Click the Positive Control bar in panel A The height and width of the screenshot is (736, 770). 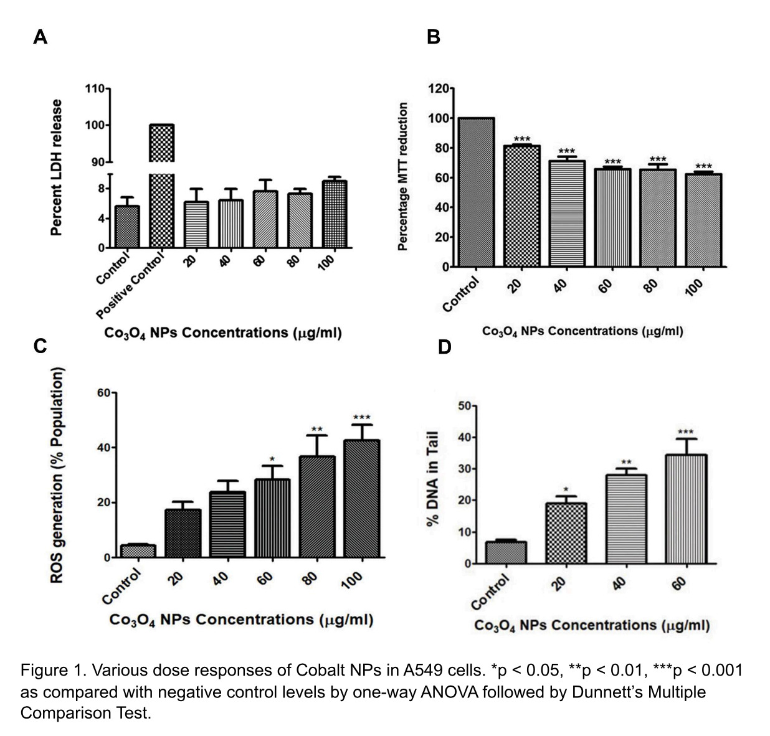point(161,187)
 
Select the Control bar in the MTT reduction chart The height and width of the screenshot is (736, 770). point(476,192)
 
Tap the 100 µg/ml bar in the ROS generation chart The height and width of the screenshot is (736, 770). point(362,498)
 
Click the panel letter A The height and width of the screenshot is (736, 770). point(40,37)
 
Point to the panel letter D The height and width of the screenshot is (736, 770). point(444,346)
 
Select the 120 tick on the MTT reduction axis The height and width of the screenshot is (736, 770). point(439,88)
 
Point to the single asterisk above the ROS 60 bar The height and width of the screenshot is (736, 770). point(272,460)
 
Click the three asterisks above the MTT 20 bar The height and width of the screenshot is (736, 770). point(521,139)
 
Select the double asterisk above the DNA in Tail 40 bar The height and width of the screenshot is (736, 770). point(626,463)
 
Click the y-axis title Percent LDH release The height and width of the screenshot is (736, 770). point(57,167)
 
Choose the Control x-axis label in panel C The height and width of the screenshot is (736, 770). point(122,588)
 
